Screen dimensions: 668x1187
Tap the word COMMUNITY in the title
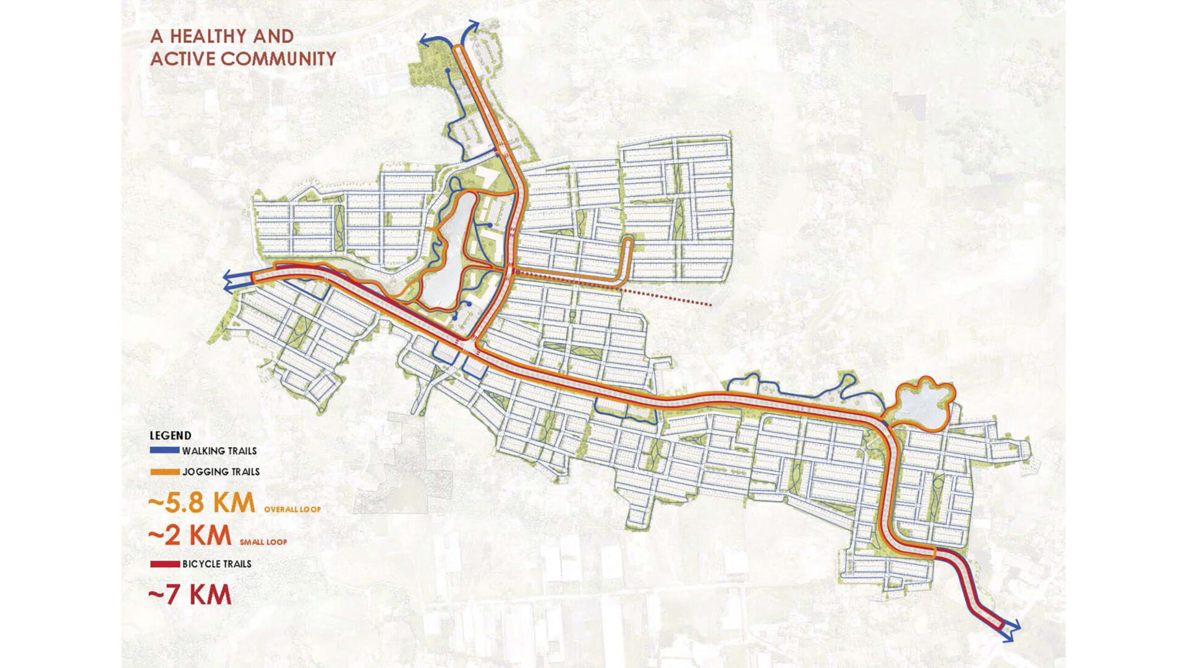(x=278, y=59)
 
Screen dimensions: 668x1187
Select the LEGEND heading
(x=171, y=435)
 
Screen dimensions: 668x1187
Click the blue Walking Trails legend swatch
(x=164, y=451)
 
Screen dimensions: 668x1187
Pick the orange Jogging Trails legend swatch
(x=164, y=472)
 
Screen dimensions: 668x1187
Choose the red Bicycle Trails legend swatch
(x=164, y=564)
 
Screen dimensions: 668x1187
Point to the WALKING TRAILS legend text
(x=219, y=451)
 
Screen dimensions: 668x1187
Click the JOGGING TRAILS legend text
(x=221, y=472)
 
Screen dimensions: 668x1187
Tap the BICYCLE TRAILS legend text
(x=217, y=564)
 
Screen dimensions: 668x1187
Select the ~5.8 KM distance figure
(x=202, y=503)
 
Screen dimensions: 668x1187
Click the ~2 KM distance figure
(x=190, y=535)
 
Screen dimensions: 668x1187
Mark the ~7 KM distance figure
(x=190, y=595)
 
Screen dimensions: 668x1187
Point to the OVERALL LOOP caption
(x=292, y=510)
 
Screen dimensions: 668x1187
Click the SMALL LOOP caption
(x=263, y=542)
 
